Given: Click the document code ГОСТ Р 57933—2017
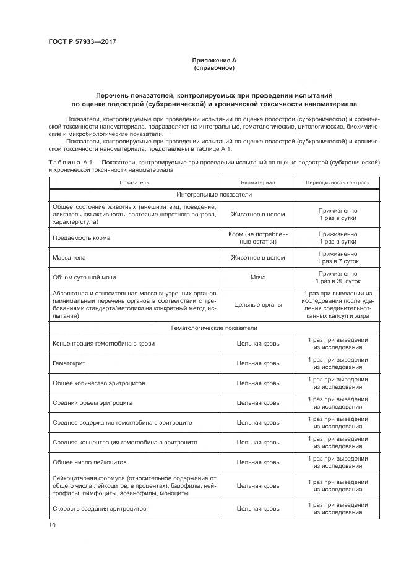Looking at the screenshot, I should coord(82,41).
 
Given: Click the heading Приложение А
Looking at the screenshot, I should coord(214,60).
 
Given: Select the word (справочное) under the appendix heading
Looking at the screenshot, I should coord(214,67).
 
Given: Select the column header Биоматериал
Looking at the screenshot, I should coord(257,183).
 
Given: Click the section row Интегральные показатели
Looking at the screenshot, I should coord(214,194).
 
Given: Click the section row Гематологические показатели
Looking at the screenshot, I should coord(214,328).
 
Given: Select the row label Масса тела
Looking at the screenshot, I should coord(68,258).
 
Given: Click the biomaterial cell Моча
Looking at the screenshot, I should coord(257,278).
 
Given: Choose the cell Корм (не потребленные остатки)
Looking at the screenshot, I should coord(257,238).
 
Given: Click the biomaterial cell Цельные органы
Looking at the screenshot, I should coord(257,304).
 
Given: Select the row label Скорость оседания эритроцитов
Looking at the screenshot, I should coord(100,508).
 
